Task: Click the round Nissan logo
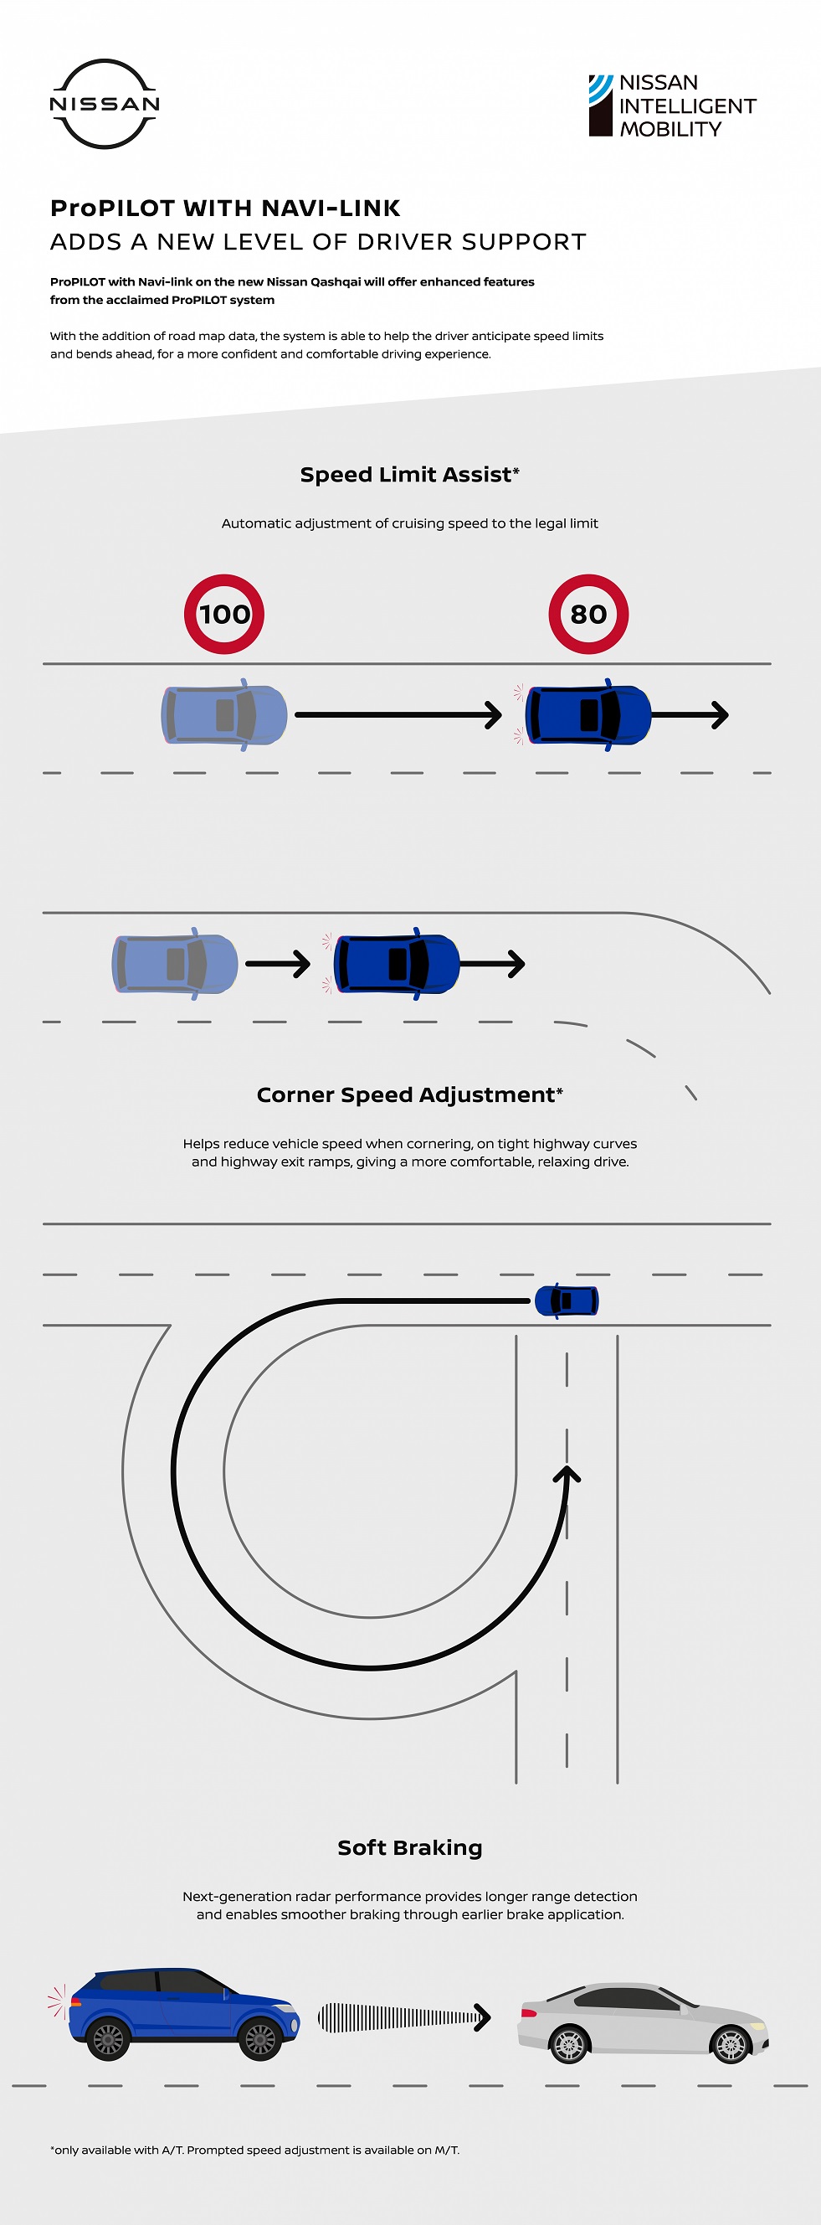[x=105, y=104]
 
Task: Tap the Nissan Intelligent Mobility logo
[x=672, y=106]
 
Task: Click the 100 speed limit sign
[x=223, y=614]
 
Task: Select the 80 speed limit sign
[x=588, y=614]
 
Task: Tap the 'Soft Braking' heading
[x=409, y=1846]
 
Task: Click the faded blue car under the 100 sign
[x=224, y=714]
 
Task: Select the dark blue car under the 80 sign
[x=588, y=714]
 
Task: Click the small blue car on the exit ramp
[x=567, y=1300]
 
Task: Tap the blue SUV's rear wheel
[x=108, y=2039]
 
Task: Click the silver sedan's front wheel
[x=731, y=2042]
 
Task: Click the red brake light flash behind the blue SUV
[x=57, y=2001]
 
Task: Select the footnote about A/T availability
[x=254, y=2150]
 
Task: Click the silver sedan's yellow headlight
[x=757, y=2026]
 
